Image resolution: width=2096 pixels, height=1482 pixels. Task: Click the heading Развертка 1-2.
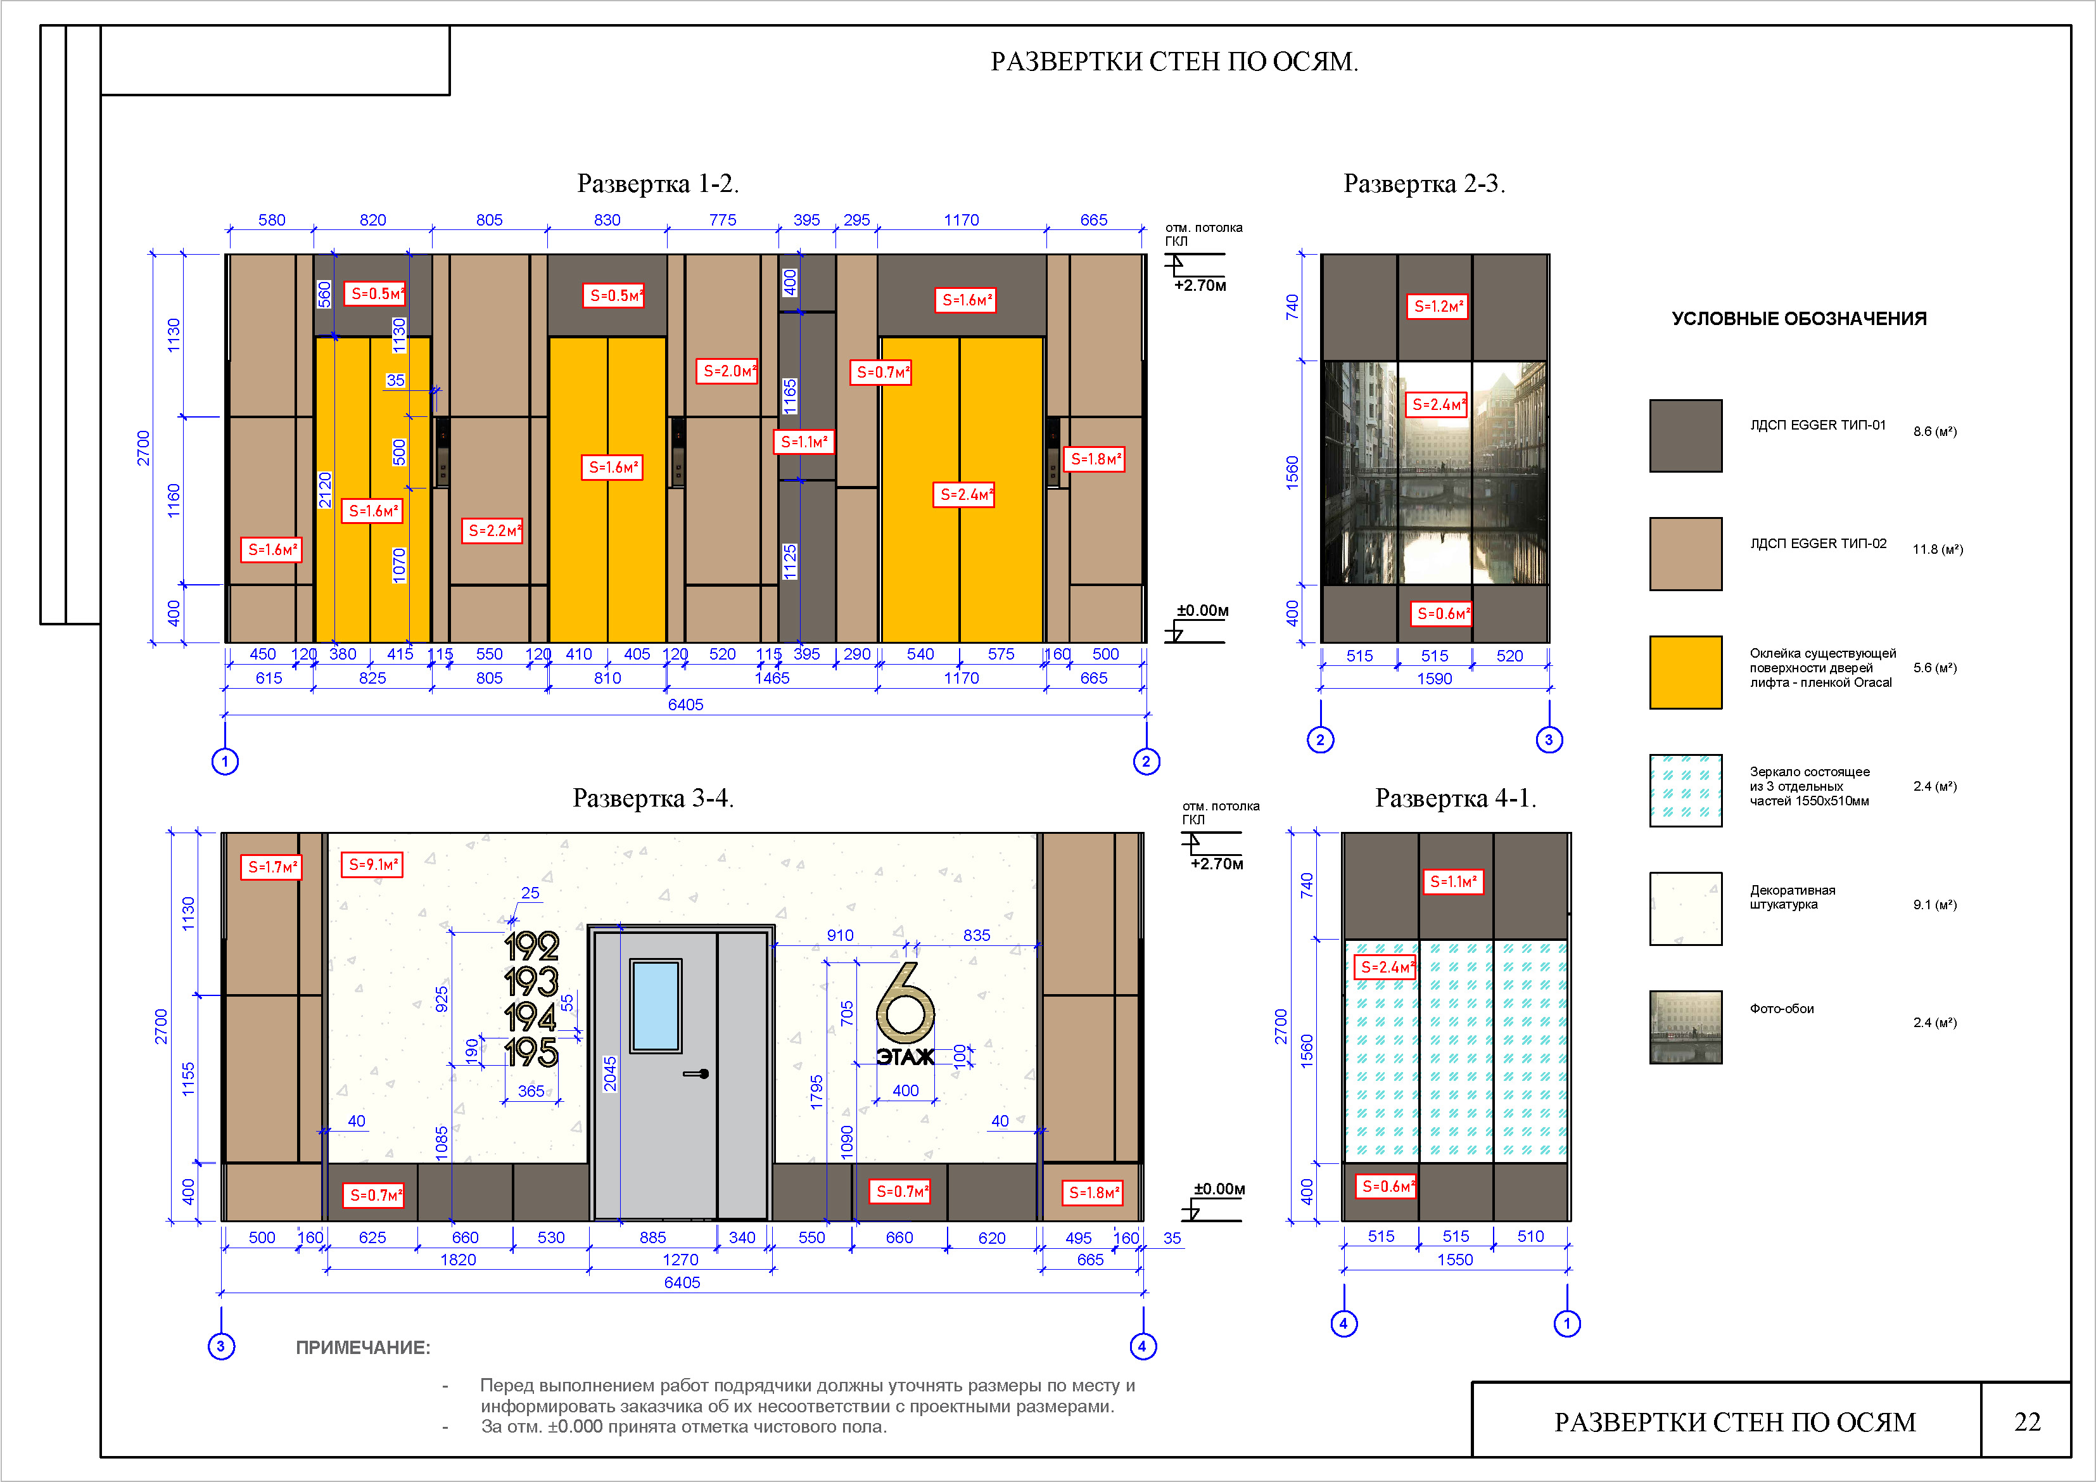coord(658,184)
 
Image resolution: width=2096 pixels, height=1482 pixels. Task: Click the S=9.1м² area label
coord(372,864)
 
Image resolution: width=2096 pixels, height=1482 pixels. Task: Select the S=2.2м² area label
coord(494,530)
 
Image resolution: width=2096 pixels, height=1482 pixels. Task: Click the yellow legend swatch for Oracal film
coord(1685,672)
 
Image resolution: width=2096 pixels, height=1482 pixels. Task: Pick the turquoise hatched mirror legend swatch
coord(1685,791)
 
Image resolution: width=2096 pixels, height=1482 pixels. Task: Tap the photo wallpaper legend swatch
coord(1685,1027)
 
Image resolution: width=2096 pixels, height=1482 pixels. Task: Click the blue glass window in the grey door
coord(656,1006)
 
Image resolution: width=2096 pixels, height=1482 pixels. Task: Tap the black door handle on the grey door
coord(697,1074)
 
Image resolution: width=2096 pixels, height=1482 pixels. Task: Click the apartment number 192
coord(531,946)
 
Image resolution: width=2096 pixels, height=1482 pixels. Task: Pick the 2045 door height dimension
coord(611,1074)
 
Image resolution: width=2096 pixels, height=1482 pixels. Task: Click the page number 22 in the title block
coord(2028,1422)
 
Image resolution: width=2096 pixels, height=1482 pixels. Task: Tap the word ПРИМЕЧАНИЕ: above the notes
coord(362,1348)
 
